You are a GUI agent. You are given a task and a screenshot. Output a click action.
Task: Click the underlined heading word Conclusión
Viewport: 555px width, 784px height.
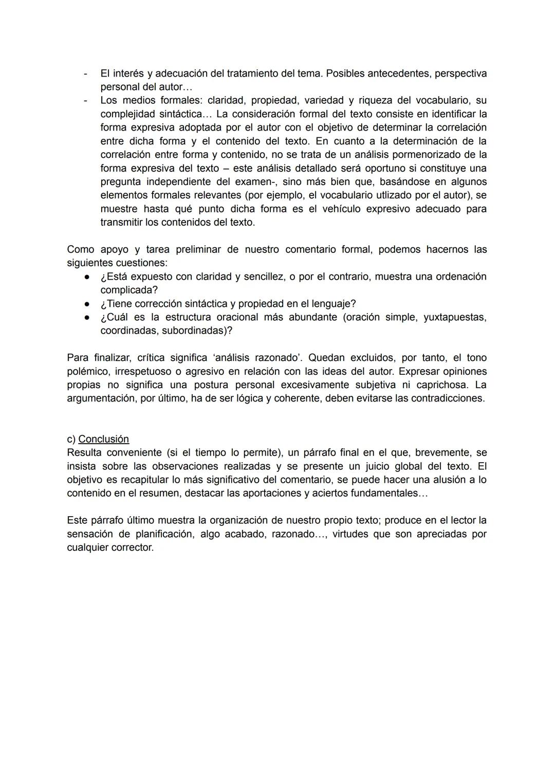click(103, 439)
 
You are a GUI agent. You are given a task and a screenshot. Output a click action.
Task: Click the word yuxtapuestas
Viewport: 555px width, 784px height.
click(454, 317)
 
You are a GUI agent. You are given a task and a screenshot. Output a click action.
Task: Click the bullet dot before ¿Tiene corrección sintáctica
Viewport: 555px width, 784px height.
click(88, 303)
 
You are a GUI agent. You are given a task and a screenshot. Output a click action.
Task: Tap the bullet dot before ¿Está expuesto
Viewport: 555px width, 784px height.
click(88, 277)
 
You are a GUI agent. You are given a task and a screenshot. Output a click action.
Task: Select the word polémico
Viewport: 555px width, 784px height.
click(87, 371)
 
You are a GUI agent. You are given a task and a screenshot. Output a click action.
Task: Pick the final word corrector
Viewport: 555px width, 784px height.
click(135, 547)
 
